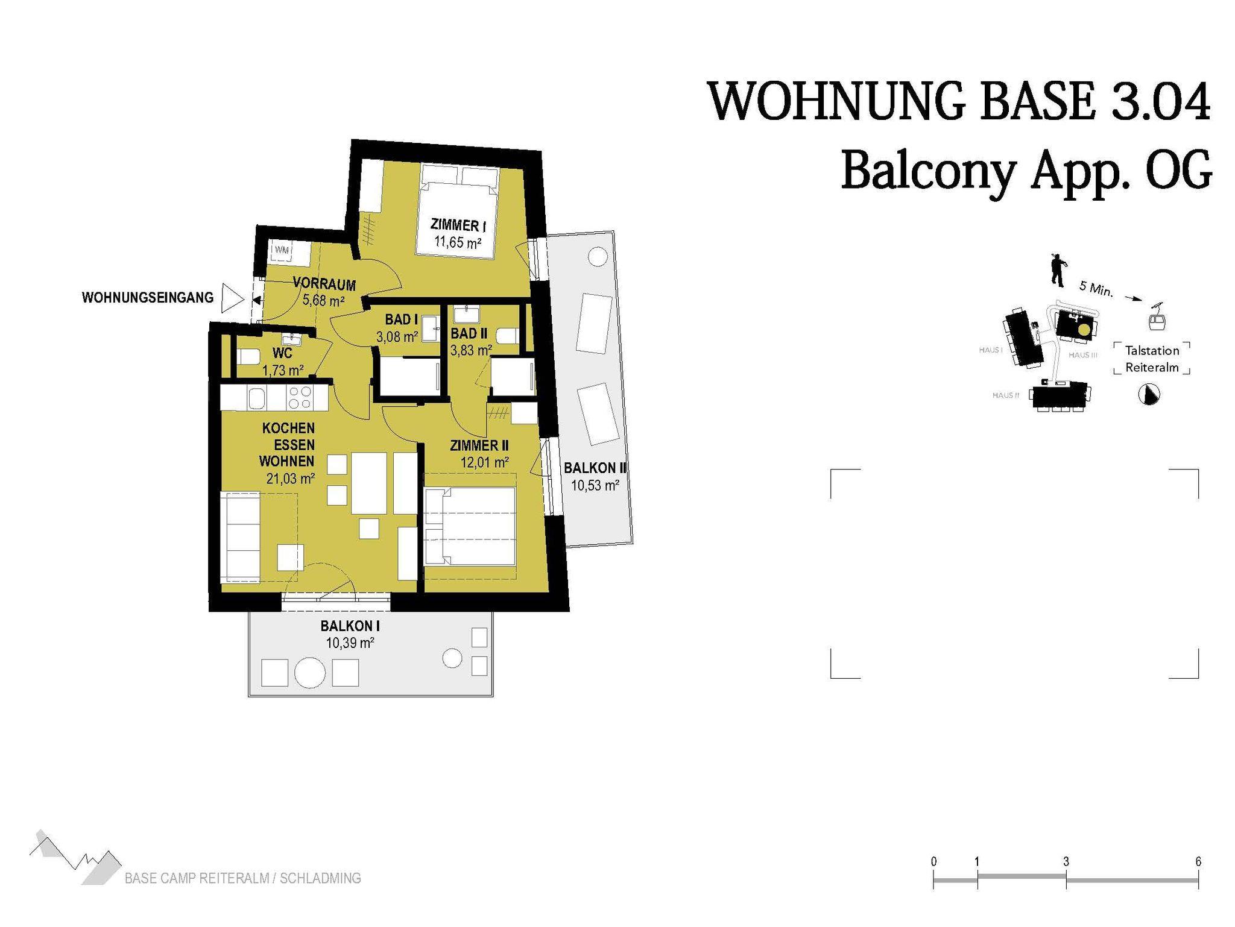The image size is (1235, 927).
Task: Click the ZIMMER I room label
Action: point(458,225)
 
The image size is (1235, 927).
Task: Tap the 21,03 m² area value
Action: point(291,479)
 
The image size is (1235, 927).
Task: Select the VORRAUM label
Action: point(324,283)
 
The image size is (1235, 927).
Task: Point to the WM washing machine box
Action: point(282,250)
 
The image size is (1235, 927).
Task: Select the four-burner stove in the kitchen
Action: point(300,398)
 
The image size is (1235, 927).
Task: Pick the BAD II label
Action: point(469,333)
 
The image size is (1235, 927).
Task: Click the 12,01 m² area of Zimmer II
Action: point(484,462)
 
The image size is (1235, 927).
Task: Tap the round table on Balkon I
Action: point(310,672)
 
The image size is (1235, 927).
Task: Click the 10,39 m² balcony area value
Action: point(350,643)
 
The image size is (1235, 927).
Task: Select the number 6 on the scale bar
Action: point(1198,862)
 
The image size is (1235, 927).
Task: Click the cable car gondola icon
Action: point(1157,317)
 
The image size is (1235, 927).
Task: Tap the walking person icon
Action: point(1058,269)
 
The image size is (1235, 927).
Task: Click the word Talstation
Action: point(1152,351)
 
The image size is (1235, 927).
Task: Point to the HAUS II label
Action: point(1006,395)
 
